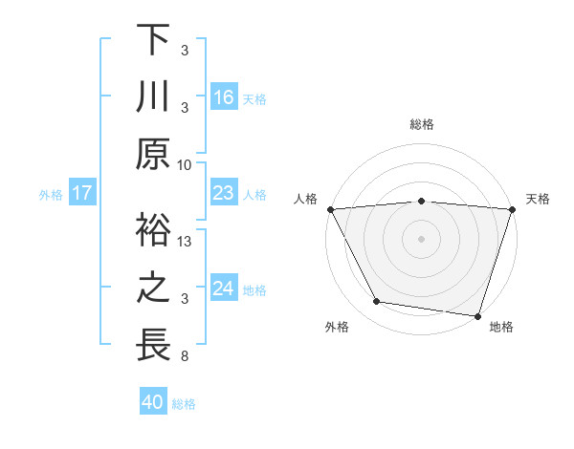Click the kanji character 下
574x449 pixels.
[153, 40]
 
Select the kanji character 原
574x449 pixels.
[153, 155]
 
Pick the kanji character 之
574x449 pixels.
[153, 289]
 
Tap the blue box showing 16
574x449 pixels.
[224, 96]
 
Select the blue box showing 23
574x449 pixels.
[224, 193]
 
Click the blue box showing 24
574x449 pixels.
[224, 289]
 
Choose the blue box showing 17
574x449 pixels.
[82, 193]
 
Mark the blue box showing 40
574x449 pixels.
[153, 402]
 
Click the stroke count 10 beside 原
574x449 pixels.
[185, 164]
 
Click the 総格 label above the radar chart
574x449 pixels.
[421, 124]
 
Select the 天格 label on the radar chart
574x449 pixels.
[539, 199]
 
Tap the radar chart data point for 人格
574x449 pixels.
[330, 208]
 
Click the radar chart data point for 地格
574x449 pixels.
[477, 315]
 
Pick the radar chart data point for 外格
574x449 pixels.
[377, 302]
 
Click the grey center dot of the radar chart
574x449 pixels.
[421, 238]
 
